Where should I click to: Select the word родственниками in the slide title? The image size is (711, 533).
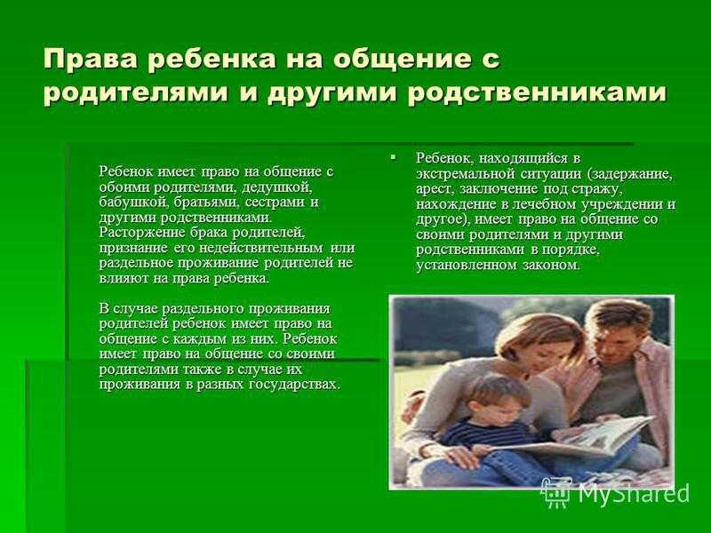tap(537, 93)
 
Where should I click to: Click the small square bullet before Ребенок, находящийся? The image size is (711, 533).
tap(392, 158)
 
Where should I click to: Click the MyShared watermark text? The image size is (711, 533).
tap(634, 493)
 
